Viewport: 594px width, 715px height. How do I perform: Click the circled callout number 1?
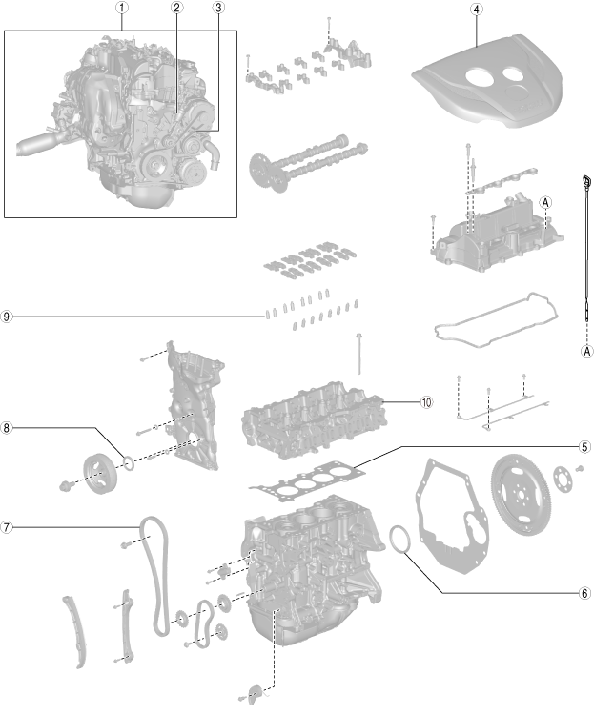121,9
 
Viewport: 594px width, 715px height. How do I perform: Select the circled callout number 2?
176,9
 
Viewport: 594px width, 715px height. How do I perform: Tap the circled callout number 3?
219,9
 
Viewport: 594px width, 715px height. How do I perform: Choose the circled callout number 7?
9,526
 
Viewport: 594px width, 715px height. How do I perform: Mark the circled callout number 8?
9,428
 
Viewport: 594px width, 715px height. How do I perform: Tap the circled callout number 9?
9,316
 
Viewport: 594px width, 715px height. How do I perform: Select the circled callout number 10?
425,401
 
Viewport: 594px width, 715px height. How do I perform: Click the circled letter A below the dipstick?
587,350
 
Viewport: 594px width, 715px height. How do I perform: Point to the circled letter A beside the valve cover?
545,202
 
